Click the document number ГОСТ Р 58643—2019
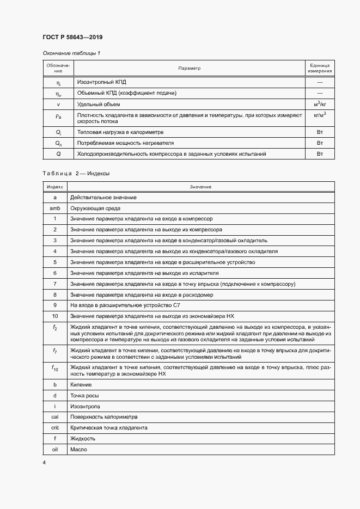pos(72,37)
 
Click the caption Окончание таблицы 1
pos(71,53)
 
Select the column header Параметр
pos(190,68)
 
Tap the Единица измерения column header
pos(320,68)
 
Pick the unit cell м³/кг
pos(320,103)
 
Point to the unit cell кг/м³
pos(320,115)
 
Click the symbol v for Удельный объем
pos(58,104)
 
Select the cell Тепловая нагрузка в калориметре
pos(120,132)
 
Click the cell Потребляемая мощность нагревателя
pos(125,143)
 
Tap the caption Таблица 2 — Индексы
pos(76,173)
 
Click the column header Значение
pos(200,187)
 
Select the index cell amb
pos(55,208)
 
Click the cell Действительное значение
pos(103,197)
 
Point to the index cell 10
pos(55,316)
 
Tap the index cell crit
pos(55,427)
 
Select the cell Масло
pos(78,449)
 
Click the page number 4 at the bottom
pos(44,462)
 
